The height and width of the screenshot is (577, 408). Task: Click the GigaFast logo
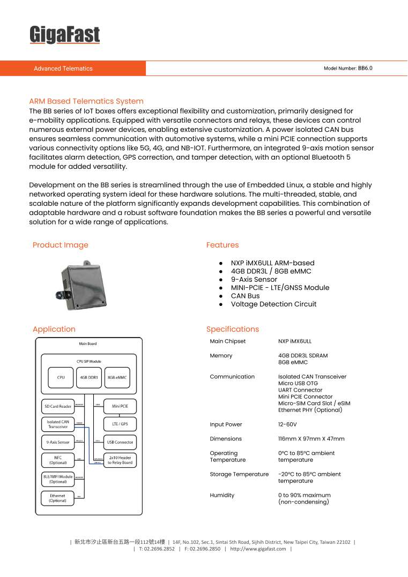tap(64, 35)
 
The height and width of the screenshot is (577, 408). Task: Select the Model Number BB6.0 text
tap(347, 69)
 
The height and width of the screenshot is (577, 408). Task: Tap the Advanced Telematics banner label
tap(63, 69)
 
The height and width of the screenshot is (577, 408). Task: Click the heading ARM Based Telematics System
tap(86, 101)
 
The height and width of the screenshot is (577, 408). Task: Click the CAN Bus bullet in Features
tap(245, 296)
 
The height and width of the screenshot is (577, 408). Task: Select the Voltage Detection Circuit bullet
tap(273, 304)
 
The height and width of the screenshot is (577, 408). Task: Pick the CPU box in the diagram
tap(61, 378)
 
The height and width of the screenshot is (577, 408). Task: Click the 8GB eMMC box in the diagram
tap(117, 378)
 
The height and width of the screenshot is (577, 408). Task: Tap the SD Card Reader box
tap(58, 406)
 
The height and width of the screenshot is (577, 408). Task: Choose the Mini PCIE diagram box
tap(120, 406)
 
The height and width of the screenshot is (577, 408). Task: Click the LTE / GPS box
tap(120, 424)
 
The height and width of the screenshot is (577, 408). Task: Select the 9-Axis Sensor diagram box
tap(58, 443)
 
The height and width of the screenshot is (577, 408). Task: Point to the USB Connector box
tap(120, 443)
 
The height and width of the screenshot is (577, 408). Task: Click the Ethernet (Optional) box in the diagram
tap(58, 498)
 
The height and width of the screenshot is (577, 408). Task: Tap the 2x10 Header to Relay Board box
tap(120, 460)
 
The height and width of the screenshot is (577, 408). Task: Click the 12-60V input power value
tap(287, 425)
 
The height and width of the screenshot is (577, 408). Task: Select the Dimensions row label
tap(226, 439)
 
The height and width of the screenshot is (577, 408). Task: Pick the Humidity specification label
tap(222, 496)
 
